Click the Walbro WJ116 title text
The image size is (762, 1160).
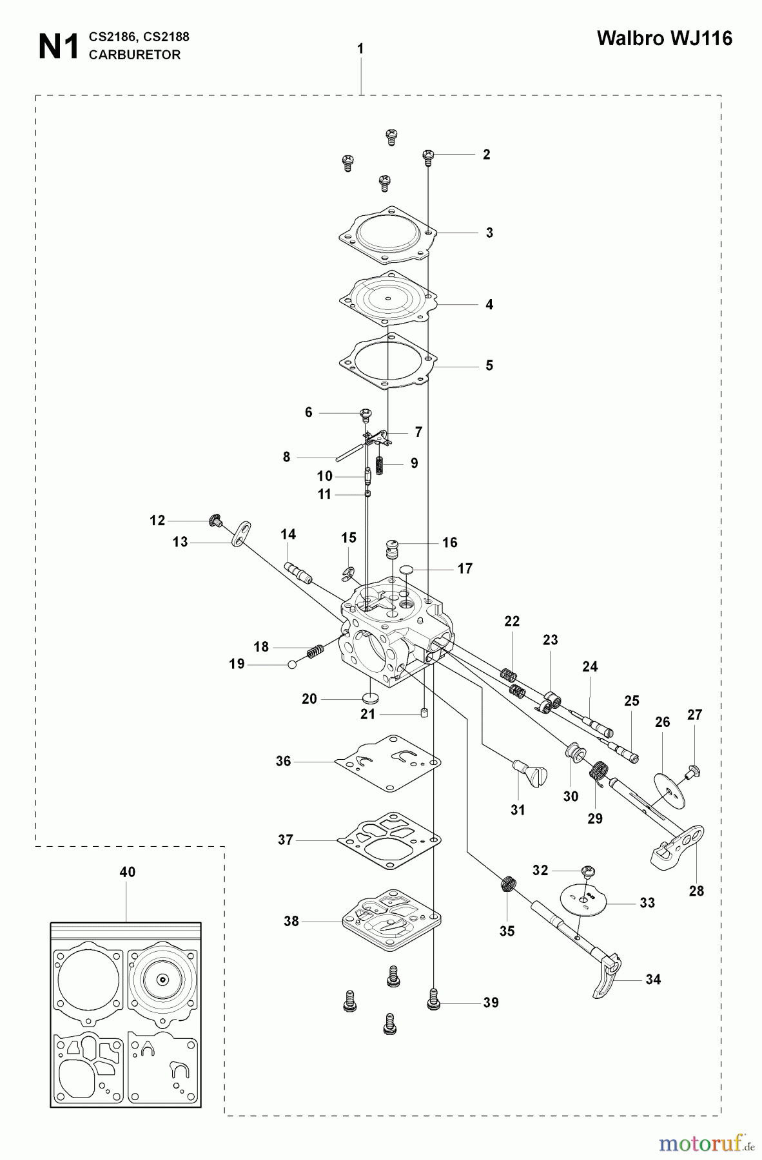[664, 39]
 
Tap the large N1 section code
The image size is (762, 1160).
[59, 47]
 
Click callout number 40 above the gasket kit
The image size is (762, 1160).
[128, 872]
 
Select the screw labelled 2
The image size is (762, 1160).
[428, 155]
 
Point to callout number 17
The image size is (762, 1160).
[465, 568]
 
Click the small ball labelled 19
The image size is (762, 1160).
[292, 664]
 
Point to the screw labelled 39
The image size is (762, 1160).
[433, 1001]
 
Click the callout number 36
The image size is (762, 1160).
[284, 761]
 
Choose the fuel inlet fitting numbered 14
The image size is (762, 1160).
[297, 571]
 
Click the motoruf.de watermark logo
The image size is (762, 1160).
[699, 1143]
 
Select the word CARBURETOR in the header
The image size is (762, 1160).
[135, 55]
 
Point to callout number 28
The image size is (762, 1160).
[696, 891]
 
